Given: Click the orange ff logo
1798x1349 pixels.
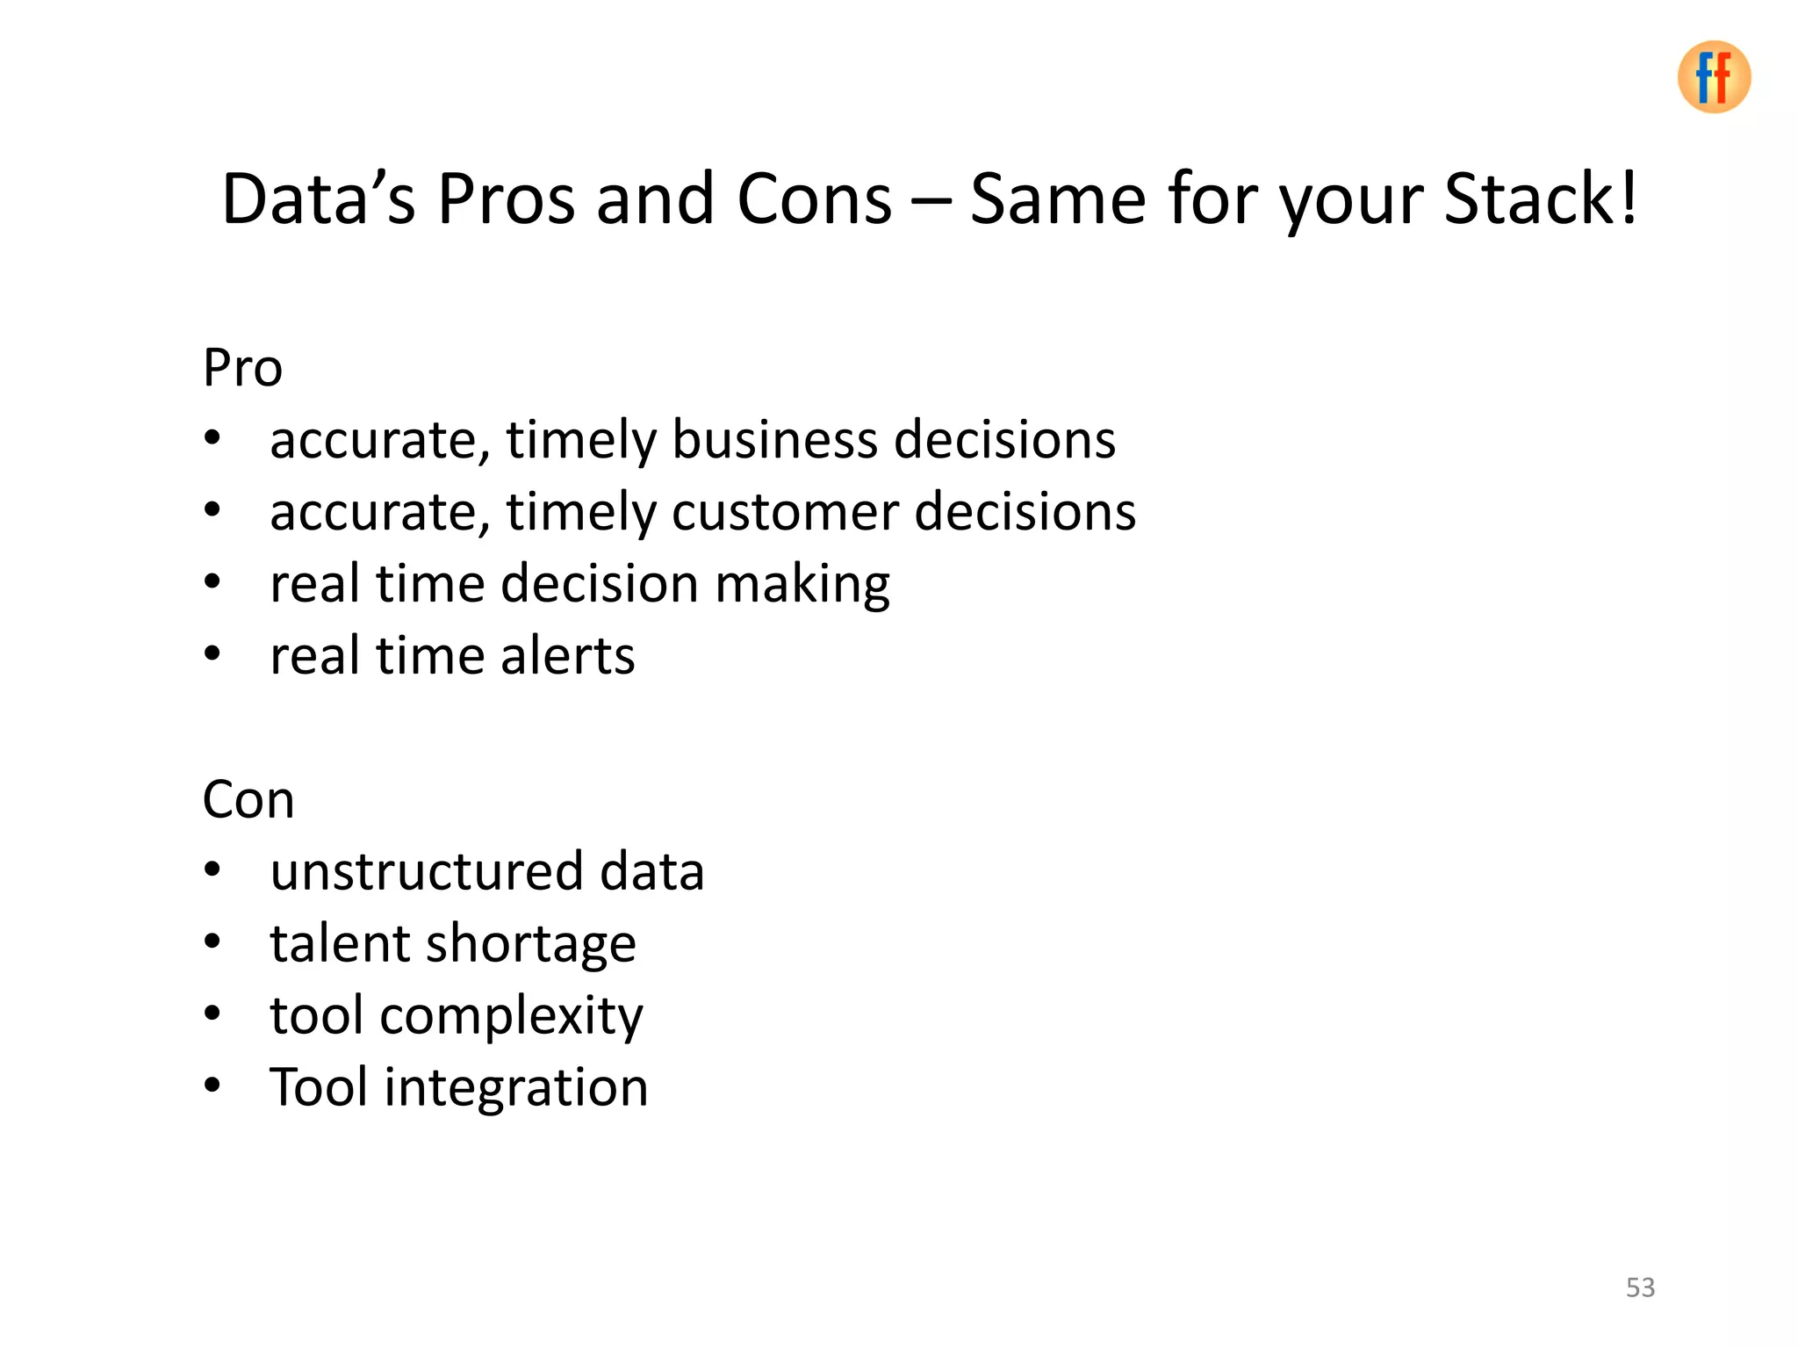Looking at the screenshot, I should (x=1713, y=77).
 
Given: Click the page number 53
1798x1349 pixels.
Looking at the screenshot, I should (x=1640, y=1288).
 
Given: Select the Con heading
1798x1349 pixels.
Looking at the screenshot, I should (x=248, y=799).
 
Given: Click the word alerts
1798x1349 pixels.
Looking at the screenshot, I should (x=567, y=655).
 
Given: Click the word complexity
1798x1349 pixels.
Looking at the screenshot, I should (x=511, y=1017).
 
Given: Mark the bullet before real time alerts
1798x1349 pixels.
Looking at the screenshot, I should (x=212, y=654).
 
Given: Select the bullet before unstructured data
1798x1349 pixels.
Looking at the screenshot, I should (x=212, y=870).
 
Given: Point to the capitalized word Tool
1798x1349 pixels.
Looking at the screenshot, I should (x=318, y=1087).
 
